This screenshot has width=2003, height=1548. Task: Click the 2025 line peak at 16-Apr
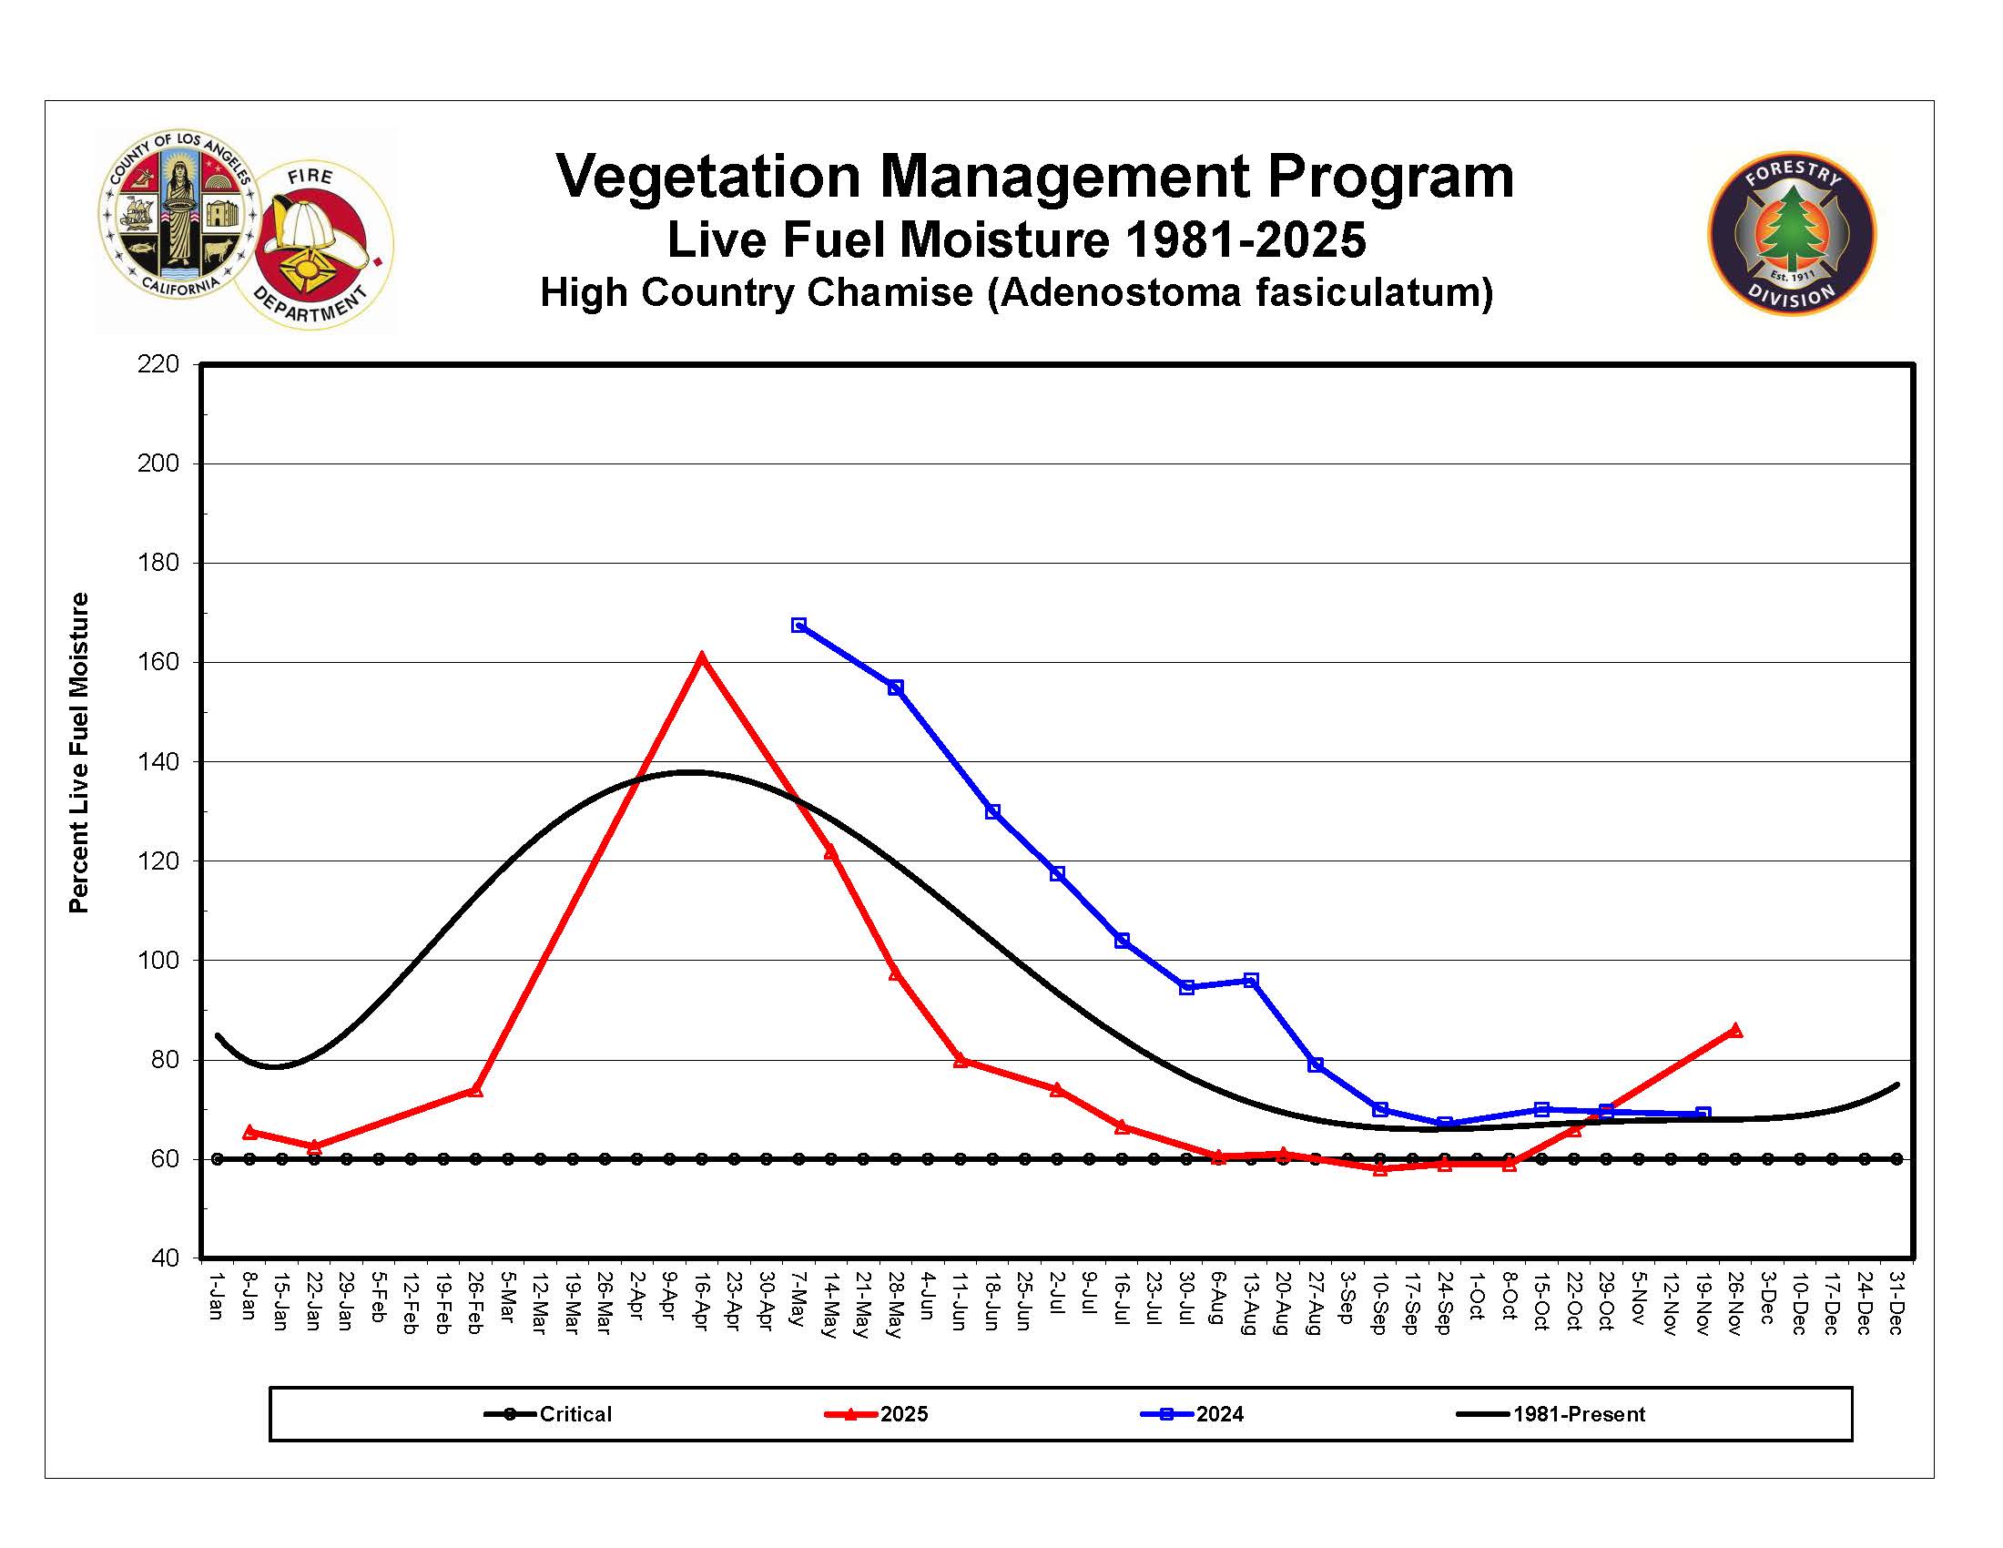tap(702, 658)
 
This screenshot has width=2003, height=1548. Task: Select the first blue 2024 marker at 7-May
tap(798, 626)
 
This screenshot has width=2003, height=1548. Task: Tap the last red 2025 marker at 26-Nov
tap(1735, 1031)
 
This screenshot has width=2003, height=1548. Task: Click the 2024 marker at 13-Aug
tap(1251, 981)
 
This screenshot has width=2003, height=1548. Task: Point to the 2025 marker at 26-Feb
tap(475, 1090)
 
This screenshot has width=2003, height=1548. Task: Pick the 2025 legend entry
tap(879, 1414)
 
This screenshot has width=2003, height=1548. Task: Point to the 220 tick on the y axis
tap(158, 365)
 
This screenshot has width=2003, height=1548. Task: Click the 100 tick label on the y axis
tap(158, 961)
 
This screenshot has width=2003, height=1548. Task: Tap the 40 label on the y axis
tap(165, 1258)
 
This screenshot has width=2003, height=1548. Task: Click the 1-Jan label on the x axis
tap(217, 1296)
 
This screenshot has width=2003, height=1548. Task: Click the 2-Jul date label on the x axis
tap(1056, 1294)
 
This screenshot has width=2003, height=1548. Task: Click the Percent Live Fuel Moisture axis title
tap(79, 752)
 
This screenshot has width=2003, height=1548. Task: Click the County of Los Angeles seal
tap(178, 215)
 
